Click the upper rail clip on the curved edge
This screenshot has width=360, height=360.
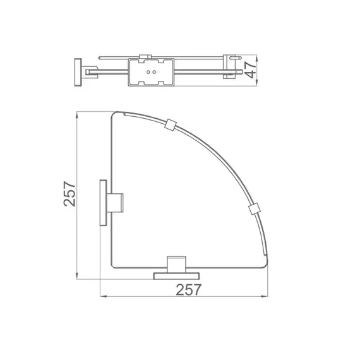point(169,125)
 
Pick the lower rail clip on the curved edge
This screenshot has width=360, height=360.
point(253,208)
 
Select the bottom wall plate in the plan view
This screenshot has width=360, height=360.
point(177,275)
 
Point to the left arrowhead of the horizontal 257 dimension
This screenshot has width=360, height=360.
point(102,296)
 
